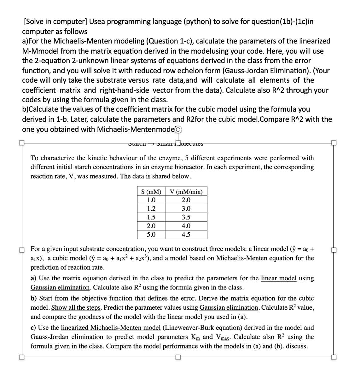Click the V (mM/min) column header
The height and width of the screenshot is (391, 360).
[186, 192]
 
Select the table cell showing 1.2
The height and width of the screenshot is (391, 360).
[151, 209]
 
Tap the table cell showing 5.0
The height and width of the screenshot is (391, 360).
[151, 235]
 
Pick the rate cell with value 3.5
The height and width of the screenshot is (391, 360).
[186, 217]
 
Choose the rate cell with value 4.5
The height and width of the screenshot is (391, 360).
[186, 235]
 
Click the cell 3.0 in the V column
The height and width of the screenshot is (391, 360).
[186, 209]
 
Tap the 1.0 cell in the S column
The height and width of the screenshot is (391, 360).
[151, 200]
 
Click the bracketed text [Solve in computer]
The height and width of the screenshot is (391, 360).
[55, 22]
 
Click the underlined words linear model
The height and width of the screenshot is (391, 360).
[279, 278]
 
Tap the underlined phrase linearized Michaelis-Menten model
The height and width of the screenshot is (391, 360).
[111, 328]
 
